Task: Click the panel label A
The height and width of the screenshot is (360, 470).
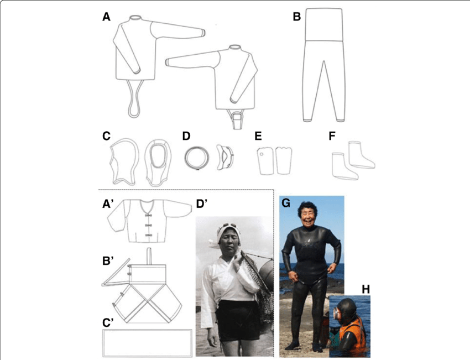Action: (x=107, y=17)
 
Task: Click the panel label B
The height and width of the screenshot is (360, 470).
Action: (x=297, y=17)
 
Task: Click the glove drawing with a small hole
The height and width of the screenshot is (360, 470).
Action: (x=264, y=160)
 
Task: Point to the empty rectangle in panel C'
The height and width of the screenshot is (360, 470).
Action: (x=147, y=343)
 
